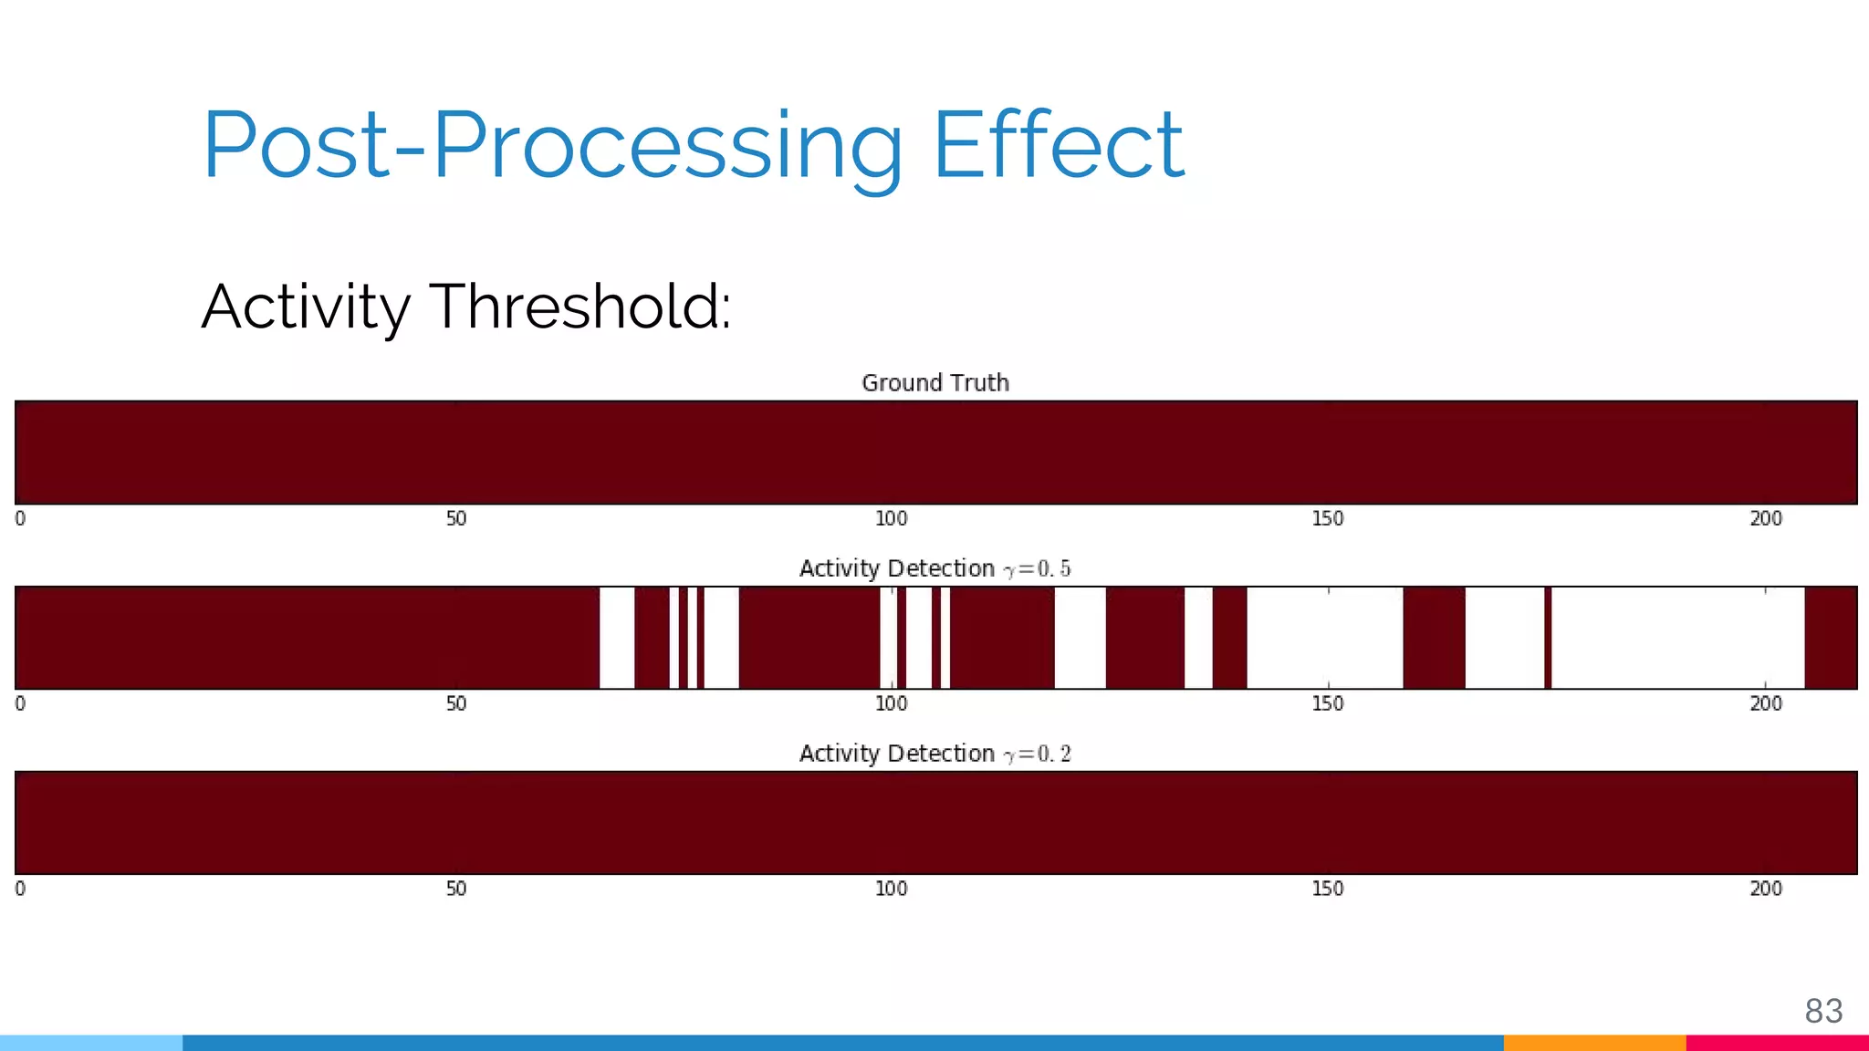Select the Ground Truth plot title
(935, 383)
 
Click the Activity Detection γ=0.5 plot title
(935, 569)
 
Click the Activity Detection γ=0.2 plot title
(935, 754)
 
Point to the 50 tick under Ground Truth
(456, 519)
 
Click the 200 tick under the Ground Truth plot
(1766, 519)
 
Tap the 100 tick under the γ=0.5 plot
(892, 704)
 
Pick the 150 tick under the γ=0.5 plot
(1328, 704)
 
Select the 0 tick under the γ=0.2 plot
(20, 890)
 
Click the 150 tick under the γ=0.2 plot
(1328, 890)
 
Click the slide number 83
(1823, 1011)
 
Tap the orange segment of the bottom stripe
(1594, 1043)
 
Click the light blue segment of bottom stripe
(91, 1043)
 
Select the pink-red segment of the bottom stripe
(1777, 1043)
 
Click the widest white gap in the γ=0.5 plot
(1677, 638)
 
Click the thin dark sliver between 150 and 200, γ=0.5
(1548, 638)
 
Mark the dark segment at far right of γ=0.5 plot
(1831, 638)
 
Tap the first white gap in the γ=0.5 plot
(617, 638)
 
